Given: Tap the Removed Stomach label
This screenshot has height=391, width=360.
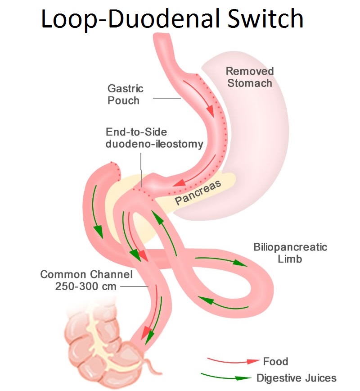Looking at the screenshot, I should pyautogui.click(x=250, y=77).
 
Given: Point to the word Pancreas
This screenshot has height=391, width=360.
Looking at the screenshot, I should pyautogui.click(x=198, y=192).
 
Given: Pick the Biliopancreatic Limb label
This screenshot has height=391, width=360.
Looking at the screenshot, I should pyautogui.click(x=290, y=253).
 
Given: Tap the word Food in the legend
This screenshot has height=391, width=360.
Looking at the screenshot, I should pyautogui.click(x=275, y=361).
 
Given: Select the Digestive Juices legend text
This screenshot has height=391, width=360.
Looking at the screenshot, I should pyautogui.click(x=296, y=377).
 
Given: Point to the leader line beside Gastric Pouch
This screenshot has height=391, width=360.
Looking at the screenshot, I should pyautogui.click(x=167, y=98).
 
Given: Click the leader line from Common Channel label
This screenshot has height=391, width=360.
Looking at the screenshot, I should pyautogui.click(x=135, y=286).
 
